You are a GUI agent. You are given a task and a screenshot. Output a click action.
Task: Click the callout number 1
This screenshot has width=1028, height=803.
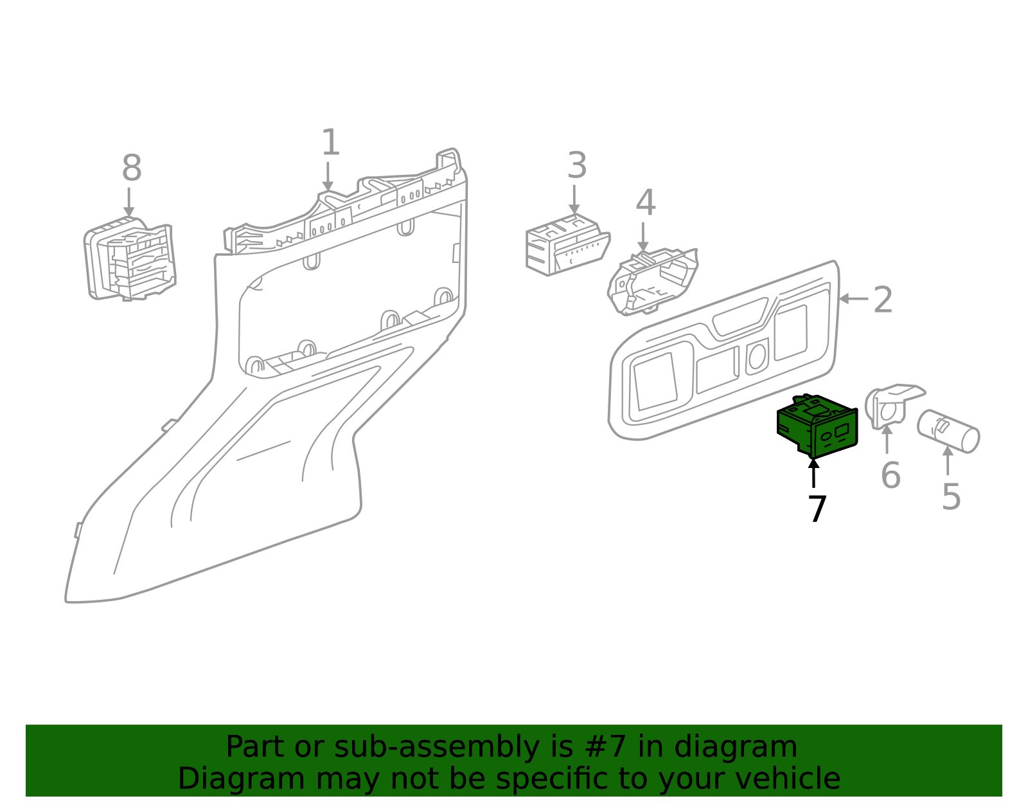click(330, 143)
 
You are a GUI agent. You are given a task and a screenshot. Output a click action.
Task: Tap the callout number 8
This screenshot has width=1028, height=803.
click(131, 169)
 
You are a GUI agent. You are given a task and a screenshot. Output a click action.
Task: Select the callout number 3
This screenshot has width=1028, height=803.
click(576, 166)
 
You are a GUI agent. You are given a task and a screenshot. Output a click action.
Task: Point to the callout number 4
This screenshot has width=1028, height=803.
click(645, 203)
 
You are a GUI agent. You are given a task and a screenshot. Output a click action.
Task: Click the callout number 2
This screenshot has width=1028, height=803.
click(883, 300)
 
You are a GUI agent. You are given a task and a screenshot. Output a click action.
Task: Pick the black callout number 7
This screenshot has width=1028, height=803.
click(817, 509)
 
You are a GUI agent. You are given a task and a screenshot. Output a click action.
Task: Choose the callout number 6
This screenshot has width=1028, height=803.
click(890, 476)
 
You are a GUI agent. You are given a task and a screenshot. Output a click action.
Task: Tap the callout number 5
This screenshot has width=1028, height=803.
click(951, 497)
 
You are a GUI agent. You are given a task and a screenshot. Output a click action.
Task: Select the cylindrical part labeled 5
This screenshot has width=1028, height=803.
click(948, 431)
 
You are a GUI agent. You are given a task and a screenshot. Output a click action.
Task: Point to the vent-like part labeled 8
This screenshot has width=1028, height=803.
click(130, 260)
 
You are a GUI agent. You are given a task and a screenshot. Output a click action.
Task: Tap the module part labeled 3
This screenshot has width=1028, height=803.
click(565, 246)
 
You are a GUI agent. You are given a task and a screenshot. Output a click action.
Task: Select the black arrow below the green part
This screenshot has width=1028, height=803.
click(813, 473)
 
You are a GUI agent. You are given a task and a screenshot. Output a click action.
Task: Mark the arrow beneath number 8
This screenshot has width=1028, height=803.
click(129, 202)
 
